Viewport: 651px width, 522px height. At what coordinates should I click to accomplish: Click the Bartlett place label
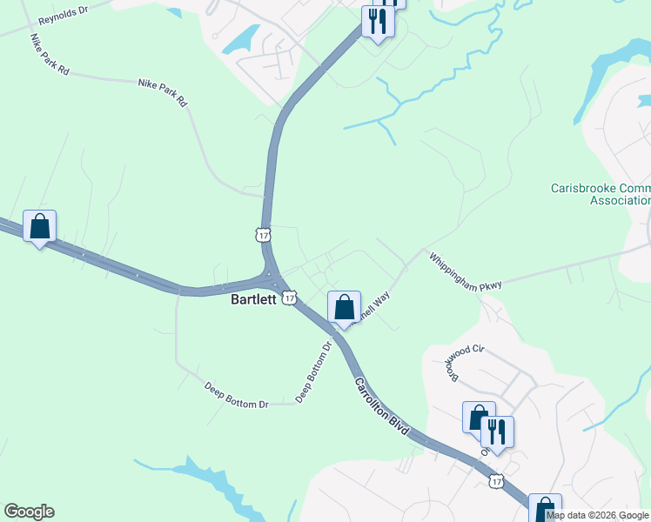click(x=252, y=298)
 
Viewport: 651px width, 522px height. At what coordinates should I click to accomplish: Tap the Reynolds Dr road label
click(x=62, y=17)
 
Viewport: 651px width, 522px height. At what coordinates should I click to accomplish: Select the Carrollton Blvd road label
click(x=381, y=406)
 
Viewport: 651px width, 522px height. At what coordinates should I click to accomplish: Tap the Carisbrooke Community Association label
click(x=601, y=193)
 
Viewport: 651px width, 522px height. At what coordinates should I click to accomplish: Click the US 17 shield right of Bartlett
click(x=287, y=298)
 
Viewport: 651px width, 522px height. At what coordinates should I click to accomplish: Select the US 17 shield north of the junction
click(x=263, y=233)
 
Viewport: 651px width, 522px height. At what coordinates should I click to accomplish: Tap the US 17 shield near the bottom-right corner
click(x=496, y=481)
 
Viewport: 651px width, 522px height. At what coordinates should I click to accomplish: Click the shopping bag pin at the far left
click(x=39, y=226)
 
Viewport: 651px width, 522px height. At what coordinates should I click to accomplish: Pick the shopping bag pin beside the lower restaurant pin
click(x=478, y=418)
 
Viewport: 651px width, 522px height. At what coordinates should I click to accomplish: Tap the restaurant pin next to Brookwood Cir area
click(x=497, y=432)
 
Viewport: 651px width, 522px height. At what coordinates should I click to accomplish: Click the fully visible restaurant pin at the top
click(x=378, y=21)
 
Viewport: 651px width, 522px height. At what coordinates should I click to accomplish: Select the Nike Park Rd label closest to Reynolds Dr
click(x=49, y=55)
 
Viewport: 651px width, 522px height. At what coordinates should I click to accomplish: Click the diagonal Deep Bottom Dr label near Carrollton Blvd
click(x=314, y=371)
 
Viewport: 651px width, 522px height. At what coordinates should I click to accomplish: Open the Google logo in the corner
click(x=29, y=512)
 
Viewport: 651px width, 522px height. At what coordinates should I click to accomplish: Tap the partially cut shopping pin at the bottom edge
click(x=545, y=509)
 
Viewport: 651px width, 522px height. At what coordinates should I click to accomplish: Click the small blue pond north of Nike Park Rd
click(x=241, y=38)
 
